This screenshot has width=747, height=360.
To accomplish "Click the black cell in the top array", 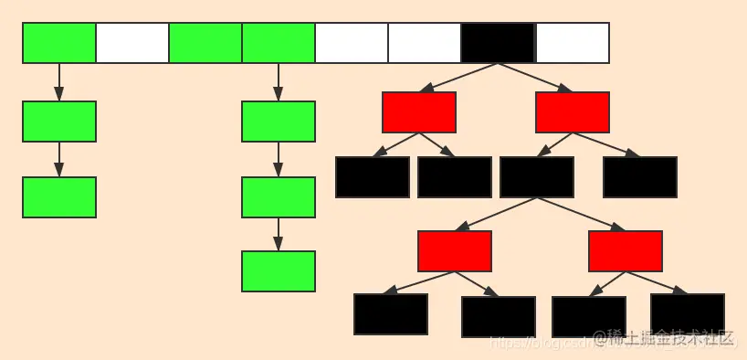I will (x=498, y=43).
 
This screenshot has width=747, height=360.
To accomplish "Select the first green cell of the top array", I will (x=59, y=43).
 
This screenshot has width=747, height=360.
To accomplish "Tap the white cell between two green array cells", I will (x=132, y=43).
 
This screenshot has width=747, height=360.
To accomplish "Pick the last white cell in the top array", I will (x=572, y=43).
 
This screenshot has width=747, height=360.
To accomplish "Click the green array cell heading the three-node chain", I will (x=279, y=43).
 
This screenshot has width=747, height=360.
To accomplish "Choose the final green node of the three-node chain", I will (x=279, y=271).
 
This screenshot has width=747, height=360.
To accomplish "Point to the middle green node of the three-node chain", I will (x=279, y=197).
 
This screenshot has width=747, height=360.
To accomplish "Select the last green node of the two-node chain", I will (x=59, y=197).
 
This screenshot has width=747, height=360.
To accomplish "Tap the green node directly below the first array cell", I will (x=59, y=122).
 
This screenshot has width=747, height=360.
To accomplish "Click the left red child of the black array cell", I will (x=419, y=112).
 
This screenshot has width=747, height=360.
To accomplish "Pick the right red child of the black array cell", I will (x=573, y=112).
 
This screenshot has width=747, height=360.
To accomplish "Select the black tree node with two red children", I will (x=537, y=177).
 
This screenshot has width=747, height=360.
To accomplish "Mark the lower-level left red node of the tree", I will (x=455, y=251).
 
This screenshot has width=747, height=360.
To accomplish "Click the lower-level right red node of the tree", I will (x=626, y=251).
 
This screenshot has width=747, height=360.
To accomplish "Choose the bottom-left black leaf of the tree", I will (x=391, y=314).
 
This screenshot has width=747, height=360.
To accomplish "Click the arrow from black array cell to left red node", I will (x=459, y=78).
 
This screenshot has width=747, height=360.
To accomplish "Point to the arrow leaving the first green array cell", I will (x=59, y=82).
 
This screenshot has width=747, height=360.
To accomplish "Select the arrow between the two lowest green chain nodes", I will (x=279, y=234).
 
